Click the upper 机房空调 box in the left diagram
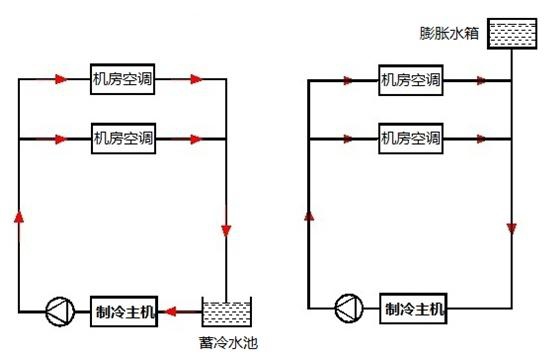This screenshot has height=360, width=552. coord(123,79)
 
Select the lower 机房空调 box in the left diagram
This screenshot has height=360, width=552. coord(123,138)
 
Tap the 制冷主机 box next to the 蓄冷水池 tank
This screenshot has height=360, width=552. coord(124,311)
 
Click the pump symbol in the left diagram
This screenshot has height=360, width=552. coord(60,311)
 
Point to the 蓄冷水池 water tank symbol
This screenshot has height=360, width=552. coord(226,312)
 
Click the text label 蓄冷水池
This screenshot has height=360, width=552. coord(228,343)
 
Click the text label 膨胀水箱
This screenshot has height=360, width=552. coord(449,33)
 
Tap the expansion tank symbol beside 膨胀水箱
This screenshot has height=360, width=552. coord(512,33)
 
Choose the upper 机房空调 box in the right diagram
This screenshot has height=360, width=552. coord(411,80)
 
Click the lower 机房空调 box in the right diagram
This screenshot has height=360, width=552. coord(411,138)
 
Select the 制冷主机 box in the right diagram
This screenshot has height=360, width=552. coord(413,309)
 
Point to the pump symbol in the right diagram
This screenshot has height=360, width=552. coord(349,309)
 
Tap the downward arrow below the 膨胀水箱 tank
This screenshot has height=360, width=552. coord(512,229)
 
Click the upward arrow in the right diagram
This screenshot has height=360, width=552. coord(309,215)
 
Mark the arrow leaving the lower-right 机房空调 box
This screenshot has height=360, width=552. coord(482,139)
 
